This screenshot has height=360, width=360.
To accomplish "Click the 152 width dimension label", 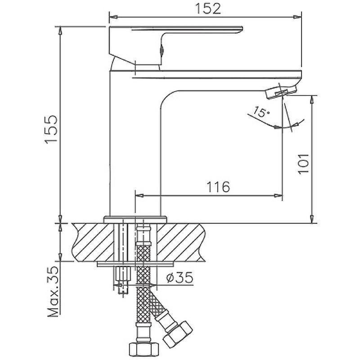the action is pyautogui.click(x=208, y=9).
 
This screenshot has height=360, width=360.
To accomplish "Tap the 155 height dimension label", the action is pyautogui.click(x=51, y=130).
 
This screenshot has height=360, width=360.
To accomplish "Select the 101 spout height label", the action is pyautogui.click(x=303, y=164).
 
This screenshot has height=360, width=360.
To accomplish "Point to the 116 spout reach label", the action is pyautogui.click(x=218, y=187).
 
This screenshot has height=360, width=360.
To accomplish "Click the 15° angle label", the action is pyautogui.click(x=261, y=112).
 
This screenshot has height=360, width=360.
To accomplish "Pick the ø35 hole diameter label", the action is pyautogui.click(x=180, y=278).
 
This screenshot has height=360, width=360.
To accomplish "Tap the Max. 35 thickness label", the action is pyautogui.click(x=53, y=292).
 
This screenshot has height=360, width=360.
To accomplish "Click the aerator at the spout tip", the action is pyautogui.click(x=281, y=92).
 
